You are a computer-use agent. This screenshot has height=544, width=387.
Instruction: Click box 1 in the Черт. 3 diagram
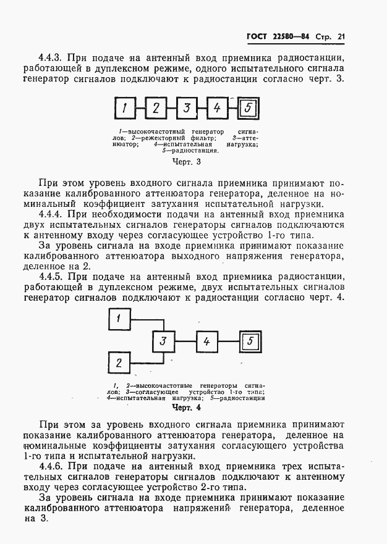pyautogui.click(x=125, y=109)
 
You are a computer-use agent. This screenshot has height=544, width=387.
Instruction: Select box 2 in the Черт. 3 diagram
pyautogui.click(x=156, y=109)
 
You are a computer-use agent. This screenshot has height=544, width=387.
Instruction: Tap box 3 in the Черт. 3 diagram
pyautogui.click(x=186, y=109)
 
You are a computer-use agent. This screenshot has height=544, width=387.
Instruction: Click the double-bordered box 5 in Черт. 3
pyautogui.click(x=248, y=109)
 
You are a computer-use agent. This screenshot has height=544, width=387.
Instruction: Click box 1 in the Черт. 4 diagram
pyautogui.click(x=120, y=319)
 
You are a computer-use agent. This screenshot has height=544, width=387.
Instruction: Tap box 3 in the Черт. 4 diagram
pyautogui.click(x=163, y=340)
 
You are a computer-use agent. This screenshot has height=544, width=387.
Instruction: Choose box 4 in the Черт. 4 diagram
pyautogui.click(x=207, y=340)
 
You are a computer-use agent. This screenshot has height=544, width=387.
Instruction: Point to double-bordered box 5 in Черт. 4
pyautogui.click(x=250, y=340)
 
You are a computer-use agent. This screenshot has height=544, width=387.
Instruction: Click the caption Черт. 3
pyautogui.click(x=185, y=162)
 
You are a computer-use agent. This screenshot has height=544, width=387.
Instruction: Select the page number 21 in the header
pyautogui.click(x=340, y=37)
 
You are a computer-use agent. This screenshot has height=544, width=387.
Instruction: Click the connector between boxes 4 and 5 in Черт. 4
pyautogui.click(x=230, y=340)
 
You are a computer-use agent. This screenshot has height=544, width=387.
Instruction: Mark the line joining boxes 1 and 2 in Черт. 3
pyautogui.click(x=140, y=109)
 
